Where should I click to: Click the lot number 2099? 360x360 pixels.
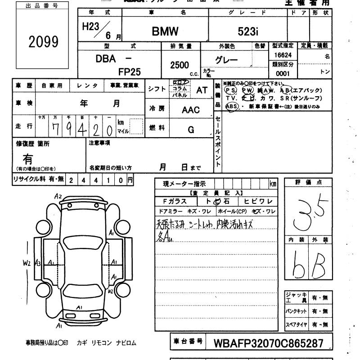[x=44, y=41]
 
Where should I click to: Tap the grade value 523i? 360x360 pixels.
[x=248, y=31]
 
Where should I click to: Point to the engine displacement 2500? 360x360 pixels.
[x=180, y=65]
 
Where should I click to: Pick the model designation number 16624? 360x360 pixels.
[x=283, y=55]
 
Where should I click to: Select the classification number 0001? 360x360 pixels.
[x=283, y=73]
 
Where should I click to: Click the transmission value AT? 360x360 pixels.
[x=202, y=90]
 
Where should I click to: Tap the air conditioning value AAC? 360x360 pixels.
[x=191, y=110]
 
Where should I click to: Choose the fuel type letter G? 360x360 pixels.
[x=191, y=130]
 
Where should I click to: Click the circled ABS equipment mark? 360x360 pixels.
[x=232, y=107]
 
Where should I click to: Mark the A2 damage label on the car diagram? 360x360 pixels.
[x=58, y=196]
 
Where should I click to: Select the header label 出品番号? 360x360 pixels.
[x=43, y=6]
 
